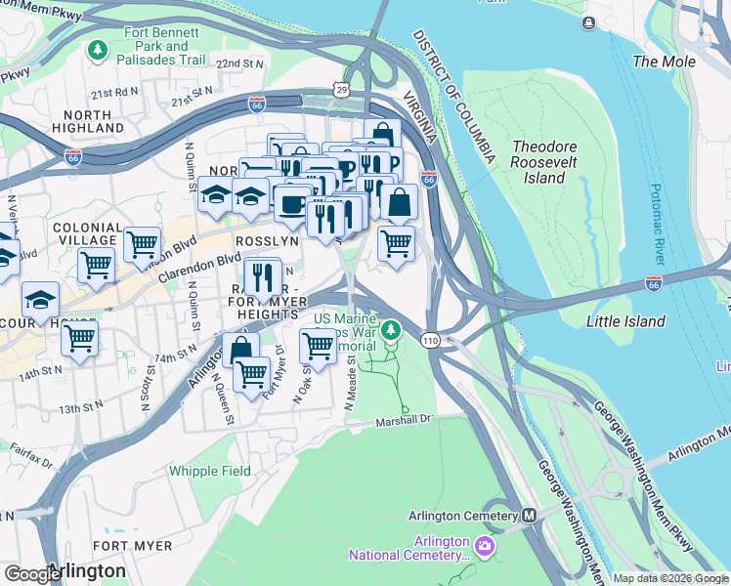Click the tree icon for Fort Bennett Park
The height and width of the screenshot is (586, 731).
click(x=97, y=49)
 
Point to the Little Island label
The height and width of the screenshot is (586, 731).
click(x=625, y=321)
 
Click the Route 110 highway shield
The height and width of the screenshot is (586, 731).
click(x=430, y=340)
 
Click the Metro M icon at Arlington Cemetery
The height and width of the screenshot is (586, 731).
click(x=530, y=516)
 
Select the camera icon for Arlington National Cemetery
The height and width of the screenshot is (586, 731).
click(x=486, y=542)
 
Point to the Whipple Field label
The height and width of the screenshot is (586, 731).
click(x=209, y=471)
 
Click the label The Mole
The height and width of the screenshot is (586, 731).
click(x=665, y=62)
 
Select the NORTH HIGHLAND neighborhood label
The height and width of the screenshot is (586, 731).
click(x=89, y=121)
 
